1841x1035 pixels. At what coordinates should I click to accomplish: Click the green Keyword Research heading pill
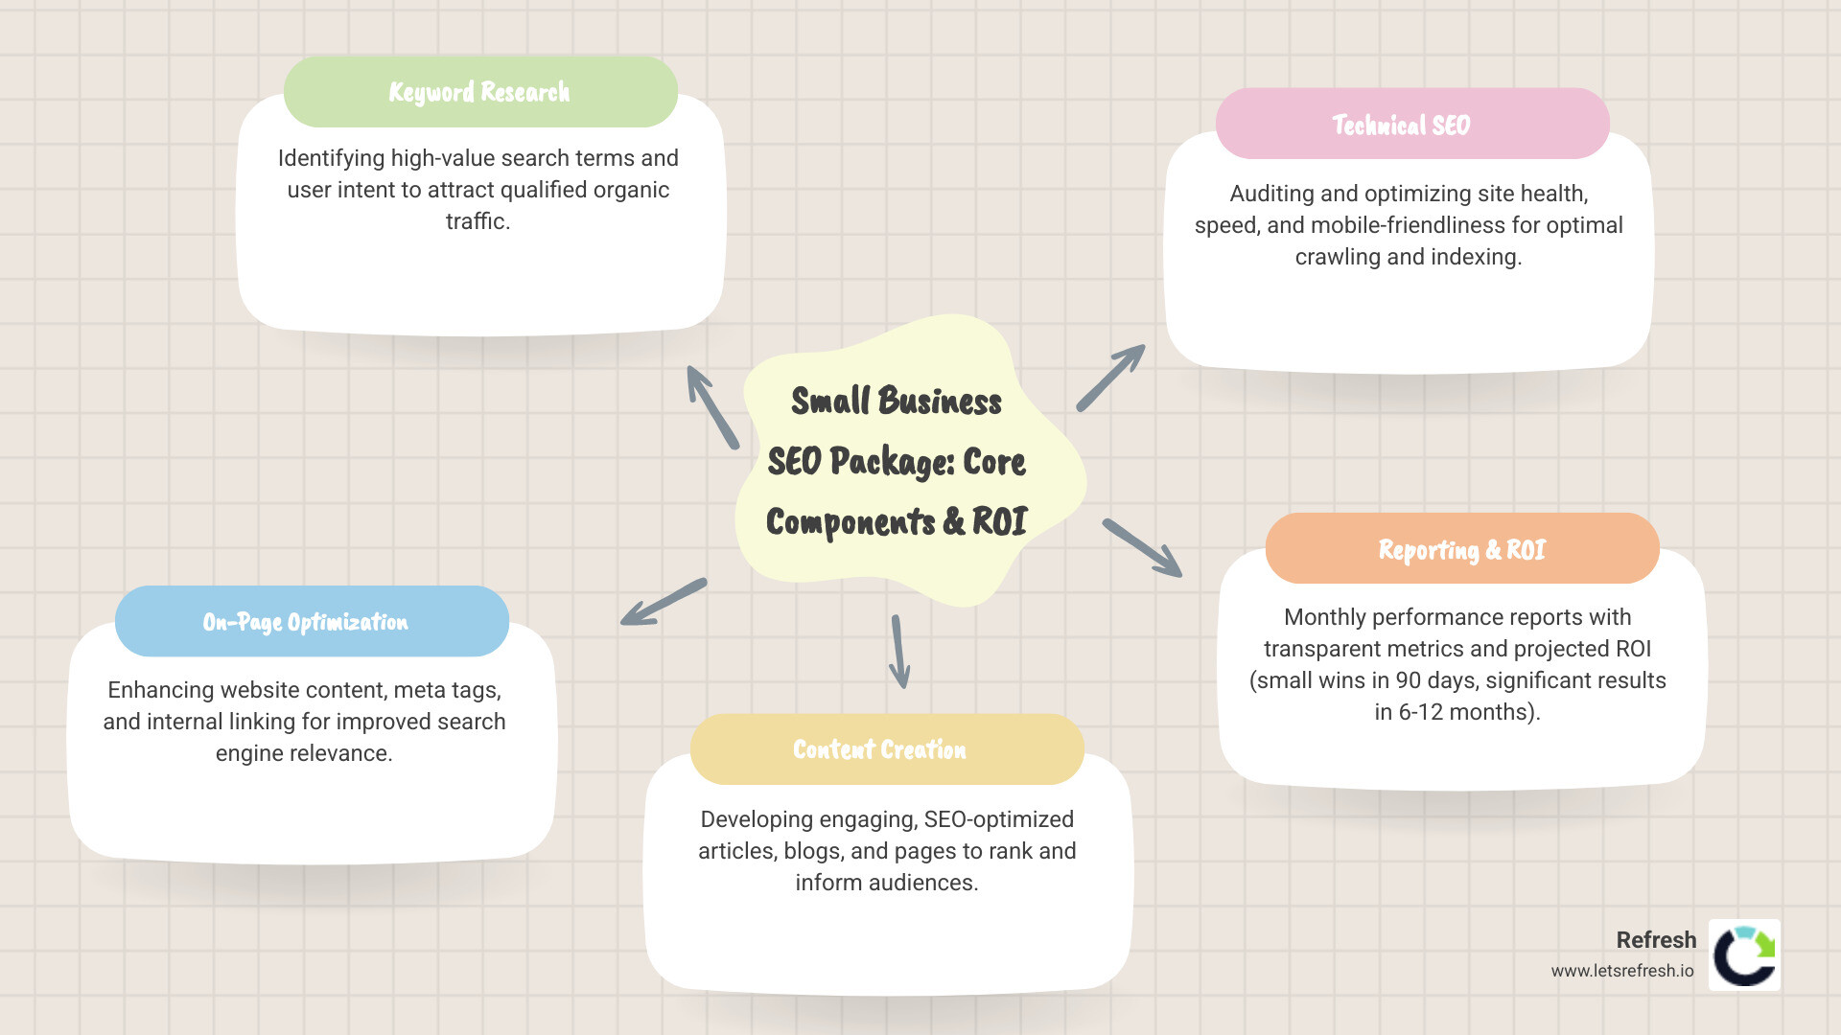pos(479,92)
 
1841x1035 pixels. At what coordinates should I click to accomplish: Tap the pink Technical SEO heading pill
pos(1411,125)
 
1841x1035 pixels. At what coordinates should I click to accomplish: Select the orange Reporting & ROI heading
pos(1461,549)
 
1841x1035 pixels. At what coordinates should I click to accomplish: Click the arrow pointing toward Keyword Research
pos(712,407)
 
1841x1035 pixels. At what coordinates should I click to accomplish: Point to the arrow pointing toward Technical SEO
pos(1110,378)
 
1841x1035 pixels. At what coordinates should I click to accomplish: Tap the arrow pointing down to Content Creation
pos(899,652)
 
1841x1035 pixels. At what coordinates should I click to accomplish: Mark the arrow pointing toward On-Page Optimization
pos(664,602)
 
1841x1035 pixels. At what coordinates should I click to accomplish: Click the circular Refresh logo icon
pos(1744,955)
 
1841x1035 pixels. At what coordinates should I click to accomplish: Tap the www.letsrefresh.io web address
pos(1622,971)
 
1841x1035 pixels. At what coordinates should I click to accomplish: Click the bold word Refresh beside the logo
pos(1656,940)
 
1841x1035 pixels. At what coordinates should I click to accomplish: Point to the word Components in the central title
pos(851,522)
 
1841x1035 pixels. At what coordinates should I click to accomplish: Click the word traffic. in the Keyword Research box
pos(478,221)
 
